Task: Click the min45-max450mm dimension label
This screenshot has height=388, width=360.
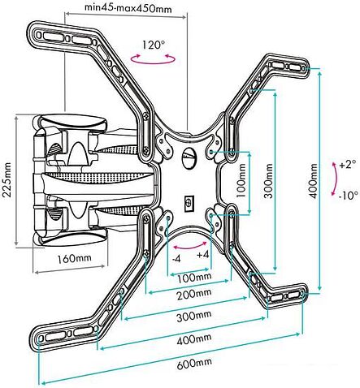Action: (128, 8)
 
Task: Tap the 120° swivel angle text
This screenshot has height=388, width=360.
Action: (154, 45)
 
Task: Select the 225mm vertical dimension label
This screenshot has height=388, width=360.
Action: (7, 180)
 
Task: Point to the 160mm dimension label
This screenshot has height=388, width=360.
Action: (74, 258)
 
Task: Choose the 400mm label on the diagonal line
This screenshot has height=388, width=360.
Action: (194, 339)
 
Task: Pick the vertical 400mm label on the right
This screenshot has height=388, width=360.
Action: (314, 180)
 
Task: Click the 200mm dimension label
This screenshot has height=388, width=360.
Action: (193, 295)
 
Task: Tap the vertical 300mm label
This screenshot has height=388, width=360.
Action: (269, 180)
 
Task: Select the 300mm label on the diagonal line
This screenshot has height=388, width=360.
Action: (193, 316)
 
